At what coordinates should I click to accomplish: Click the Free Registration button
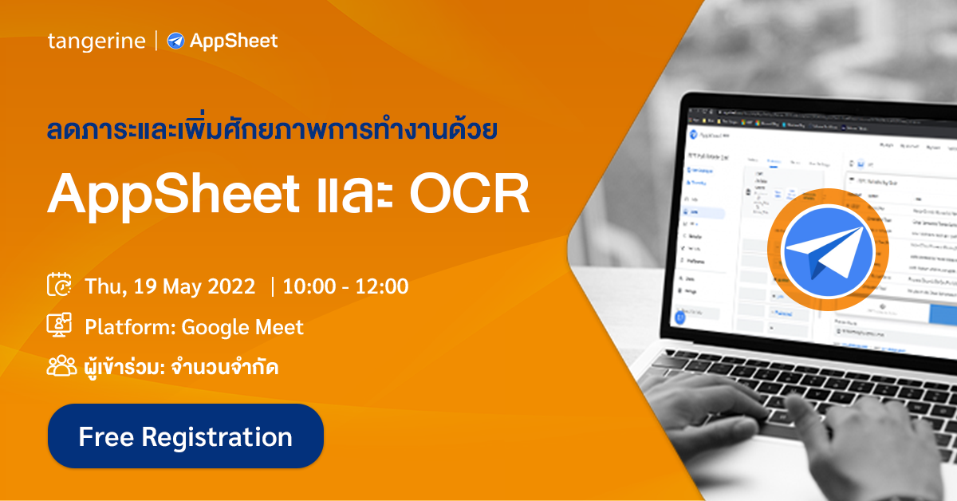(185, 436)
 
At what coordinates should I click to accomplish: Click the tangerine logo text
(96, 41)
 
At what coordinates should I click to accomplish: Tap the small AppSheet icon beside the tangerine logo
(175, 41)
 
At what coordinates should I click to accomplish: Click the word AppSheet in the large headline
(167, 194)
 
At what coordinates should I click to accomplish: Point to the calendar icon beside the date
(60, 286)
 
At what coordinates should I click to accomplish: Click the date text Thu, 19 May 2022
(170, 286)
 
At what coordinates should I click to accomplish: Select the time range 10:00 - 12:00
(345, 286)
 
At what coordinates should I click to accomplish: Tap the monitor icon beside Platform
(60, 326)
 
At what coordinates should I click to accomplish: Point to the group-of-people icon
(61, 366)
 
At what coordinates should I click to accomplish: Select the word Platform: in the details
(130, 327)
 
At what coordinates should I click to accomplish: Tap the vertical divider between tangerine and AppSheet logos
(156, 41)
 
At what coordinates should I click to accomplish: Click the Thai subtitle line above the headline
(273, 128)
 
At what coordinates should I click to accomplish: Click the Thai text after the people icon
(181, 368)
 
